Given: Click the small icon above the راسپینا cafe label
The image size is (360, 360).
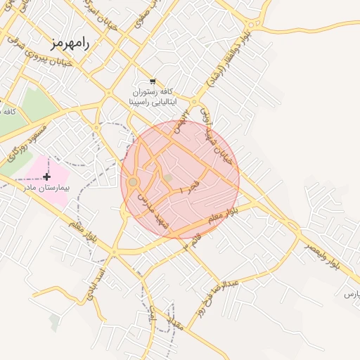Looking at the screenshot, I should (x=153, y=81).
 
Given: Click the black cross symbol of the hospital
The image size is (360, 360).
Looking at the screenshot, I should (x=47, y=176).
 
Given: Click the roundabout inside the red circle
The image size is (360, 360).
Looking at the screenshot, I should (x=134, y=183).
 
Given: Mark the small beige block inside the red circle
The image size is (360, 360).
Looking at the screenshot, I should (x=168, y=179).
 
